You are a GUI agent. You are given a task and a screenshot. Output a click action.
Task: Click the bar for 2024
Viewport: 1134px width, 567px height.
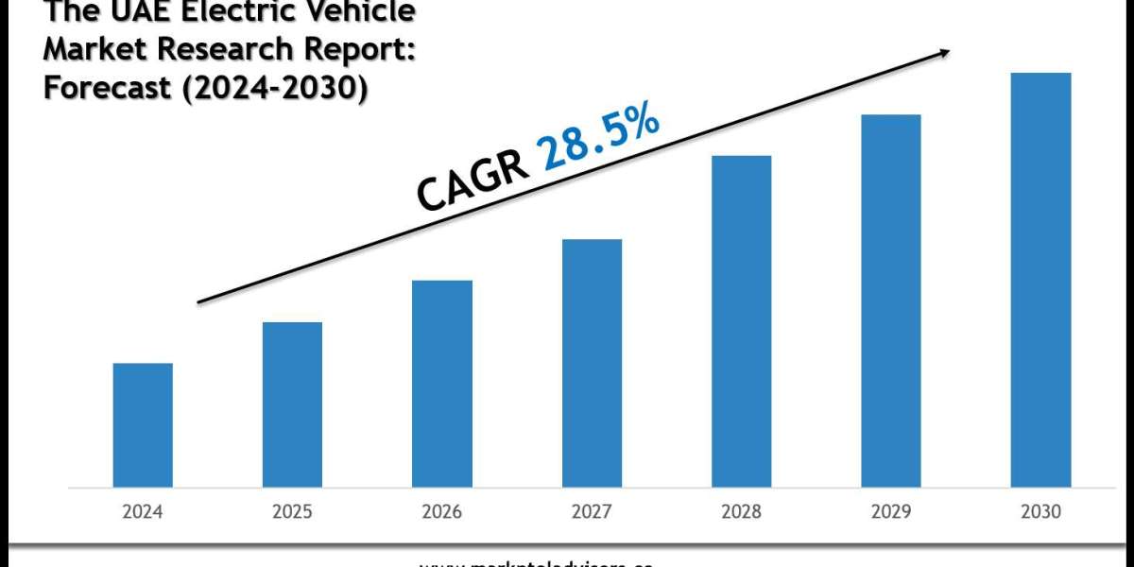143,425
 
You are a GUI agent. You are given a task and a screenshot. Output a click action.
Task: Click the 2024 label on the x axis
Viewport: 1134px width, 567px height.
143,512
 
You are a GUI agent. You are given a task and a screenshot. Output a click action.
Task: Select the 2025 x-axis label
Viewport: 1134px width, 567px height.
292,512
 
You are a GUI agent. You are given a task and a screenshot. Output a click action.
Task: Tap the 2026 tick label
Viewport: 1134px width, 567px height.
441,512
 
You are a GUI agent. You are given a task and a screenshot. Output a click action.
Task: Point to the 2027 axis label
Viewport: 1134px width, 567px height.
592,512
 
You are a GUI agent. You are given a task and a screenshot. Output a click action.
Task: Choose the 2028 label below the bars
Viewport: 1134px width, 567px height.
741,512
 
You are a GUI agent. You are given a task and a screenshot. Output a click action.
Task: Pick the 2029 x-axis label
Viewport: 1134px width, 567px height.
890,512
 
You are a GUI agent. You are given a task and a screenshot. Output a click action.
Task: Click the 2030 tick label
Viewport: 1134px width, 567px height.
1040,512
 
